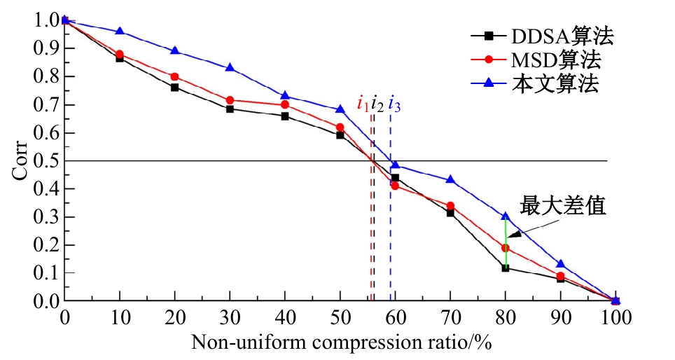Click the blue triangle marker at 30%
tap(230, 68)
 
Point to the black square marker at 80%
tap(506, 268)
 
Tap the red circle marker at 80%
tap(506, 248)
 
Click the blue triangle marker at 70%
tap(450, 180)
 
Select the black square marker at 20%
tap(174, 88)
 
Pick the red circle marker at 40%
tap(285, 104)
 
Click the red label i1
tap(363, 105)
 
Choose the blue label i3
tap(394, 105)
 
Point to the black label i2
tap(377, 105)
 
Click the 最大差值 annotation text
tap(562, 206)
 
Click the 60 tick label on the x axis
tap(395, 318)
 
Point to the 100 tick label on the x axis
tap(615, 318)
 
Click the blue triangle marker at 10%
tap(120, 32)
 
